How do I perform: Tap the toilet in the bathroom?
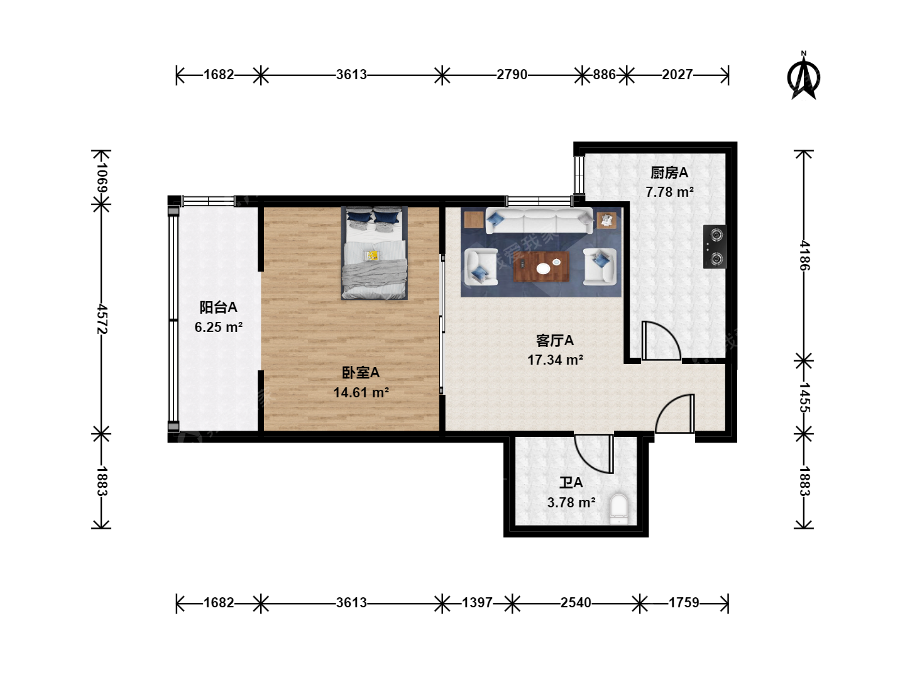(618, 509)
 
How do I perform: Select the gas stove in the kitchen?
(715, 247)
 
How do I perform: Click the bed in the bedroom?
(375, 253)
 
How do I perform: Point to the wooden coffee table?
(541, 267)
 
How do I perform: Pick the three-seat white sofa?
(539, 221)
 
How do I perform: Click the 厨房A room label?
(669, 173)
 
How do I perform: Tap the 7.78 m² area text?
(669, 192)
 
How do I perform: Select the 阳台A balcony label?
(218, 307)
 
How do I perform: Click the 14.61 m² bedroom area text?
(361, 392)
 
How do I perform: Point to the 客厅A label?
(554, 341)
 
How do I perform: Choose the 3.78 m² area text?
(571, 502)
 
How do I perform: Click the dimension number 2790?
(512, 75)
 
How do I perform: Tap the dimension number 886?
(604, 75)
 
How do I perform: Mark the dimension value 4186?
(804, 256)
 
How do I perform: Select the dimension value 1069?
(102, 178)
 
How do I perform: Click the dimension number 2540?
(576, 603)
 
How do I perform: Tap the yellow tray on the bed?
(373, 256)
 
